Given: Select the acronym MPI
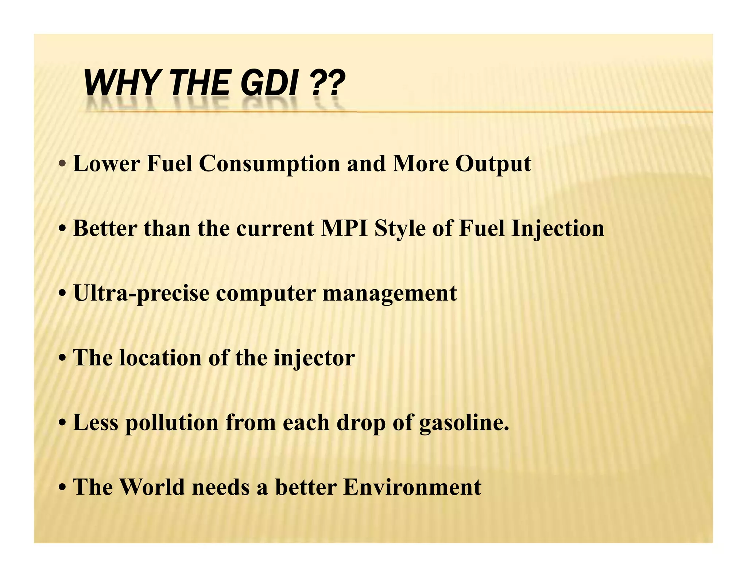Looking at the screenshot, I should click(344, 229).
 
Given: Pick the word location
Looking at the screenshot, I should click(161, 358).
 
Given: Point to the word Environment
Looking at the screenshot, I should click(412, 487).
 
